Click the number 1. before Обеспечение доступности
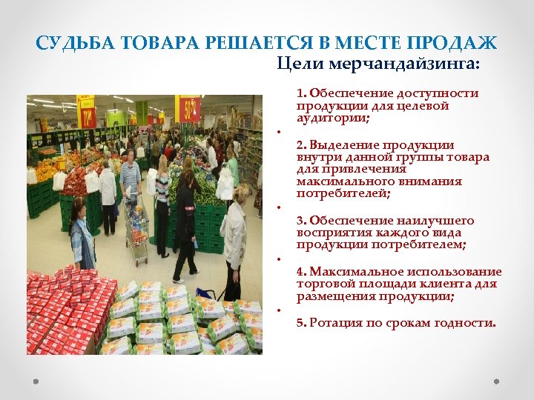point(302,93)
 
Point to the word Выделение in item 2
point(340,145)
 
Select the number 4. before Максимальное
point(302,272)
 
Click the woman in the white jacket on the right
point(235,237)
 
